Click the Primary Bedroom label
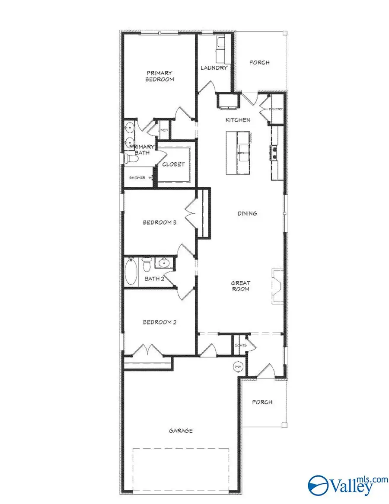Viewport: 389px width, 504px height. [x=159, y=76]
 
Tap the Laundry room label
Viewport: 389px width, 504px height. [x=214, y=68]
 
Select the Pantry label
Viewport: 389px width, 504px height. [x=276, y=109]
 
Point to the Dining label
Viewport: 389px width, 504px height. [x=247, y=213]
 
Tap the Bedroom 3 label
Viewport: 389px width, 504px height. [x=159, y=223]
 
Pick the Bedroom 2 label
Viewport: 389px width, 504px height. [x=159, y=322]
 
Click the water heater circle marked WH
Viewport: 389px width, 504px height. [x=237, y=366]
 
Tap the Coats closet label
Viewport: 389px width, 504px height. [x=240, y=345]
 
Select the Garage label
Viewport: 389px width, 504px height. [x=181, y=430]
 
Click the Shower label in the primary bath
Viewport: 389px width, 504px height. [x=137, y=178]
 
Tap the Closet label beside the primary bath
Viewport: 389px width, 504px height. [x=173, y=164]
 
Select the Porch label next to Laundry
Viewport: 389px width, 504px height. [x=259, y=63]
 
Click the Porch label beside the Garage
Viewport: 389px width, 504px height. [x=262, y=402]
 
